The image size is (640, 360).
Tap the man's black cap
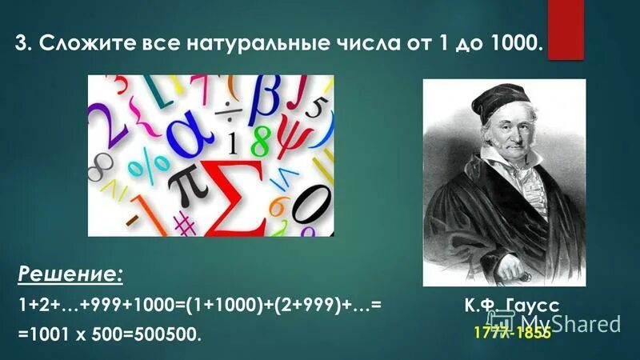pos(494,101)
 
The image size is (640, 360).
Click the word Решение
pos(70,275)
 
